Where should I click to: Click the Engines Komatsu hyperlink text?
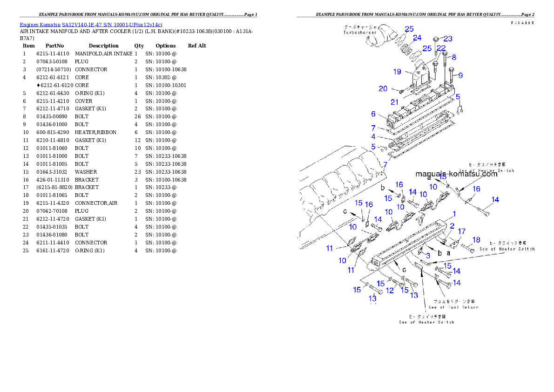(91, 25)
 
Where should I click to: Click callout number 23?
(447, 39)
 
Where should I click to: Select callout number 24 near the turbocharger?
(417, 38)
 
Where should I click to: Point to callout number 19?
(397, 72)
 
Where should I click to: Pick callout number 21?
(394, 102)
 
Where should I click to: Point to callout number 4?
(373, 136)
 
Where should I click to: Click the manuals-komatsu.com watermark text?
(456, 174)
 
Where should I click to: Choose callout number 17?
(461, 231)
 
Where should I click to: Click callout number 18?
(476, 240)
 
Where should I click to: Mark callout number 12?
(390, 291)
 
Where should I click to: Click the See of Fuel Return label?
(453, 307)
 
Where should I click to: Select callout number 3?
(427, 256)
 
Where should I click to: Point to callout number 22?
(440, 48)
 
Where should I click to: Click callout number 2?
(452, 226)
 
